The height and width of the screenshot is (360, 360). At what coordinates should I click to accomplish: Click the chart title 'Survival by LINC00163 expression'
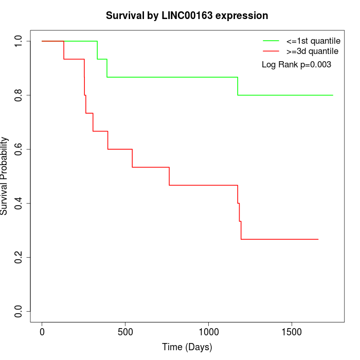pyautogui.click(x=187, y=16)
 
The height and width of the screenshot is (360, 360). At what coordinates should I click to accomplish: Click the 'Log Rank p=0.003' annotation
pyautogui.click(x=296, y=65)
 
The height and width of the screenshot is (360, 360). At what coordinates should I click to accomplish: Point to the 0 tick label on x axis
pyautogui.click(x=42, y=332)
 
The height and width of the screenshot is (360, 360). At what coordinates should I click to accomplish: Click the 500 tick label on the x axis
pyautogui.click(x=125, y=332)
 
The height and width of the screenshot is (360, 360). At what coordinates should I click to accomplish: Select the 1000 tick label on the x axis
pyautogui.click(x=208, y=332)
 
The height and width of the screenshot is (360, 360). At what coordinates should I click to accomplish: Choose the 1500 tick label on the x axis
pyautogui.click(x=292, y=332)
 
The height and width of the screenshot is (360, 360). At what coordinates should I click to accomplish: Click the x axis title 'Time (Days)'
pyautogui.click(x=187, y=348)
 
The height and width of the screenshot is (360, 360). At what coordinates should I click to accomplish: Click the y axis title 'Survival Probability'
pyautogui.click(x=5, y=176)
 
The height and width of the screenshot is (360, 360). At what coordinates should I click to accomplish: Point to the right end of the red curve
pyautogui.click(x=318, y=239)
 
